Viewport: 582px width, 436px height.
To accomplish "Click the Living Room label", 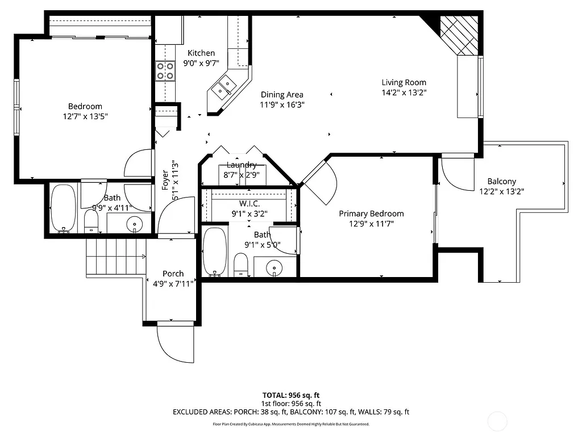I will tap(404, 82).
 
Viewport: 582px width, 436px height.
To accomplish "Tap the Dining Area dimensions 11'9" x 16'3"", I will tap(282, 104).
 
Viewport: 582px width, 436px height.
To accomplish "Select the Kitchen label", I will tap(201, 53).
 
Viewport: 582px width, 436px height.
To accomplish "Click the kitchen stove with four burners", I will tap(165, 71).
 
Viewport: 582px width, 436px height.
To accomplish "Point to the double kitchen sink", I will tap(225, 86).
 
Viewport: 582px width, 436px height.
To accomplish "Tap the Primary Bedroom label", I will tap(371, 213).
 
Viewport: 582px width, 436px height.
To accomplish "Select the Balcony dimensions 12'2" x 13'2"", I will tap(501, 191).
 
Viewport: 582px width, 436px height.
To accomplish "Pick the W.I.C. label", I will tap(250, 203).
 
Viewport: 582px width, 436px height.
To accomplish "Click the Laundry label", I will tap(241, 165).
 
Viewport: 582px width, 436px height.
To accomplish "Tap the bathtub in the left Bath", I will tap(63, 209).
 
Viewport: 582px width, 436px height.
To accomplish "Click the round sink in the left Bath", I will tap(135, 224).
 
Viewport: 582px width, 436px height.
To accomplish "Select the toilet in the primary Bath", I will tap(241, 265).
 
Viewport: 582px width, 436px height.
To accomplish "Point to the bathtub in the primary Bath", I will tap(215, 251).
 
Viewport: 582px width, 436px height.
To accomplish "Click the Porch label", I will tap(173, 274).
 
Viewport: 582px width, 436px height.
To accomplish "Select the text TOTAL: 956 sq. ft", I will tap(291, 395).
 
